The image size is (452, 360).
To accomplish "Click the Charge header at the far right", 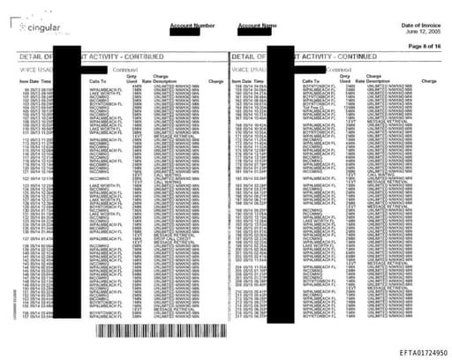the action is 430,80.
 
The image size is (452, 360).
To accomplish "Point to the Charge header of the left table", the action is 215,80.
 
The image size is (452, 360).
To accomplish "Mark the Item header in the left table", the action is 23,80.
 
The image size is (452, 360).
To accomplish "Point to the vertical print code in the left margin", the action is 10,300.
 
